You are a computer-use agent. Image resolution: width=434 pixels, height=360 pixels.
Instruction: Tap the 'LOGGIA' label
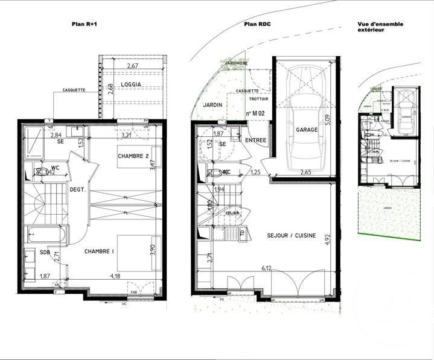click(131, 84)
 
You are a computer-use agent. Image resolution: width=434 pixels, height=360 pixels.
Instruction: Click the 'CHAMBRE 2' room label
click(134, 156)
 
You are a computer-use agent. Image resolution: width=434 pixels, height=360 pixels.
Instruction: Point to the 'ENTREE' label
click(255, 141)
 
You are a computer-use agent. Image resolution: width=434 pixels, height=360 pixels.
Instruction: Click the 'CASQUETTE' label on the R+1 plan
click(74, 90)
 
